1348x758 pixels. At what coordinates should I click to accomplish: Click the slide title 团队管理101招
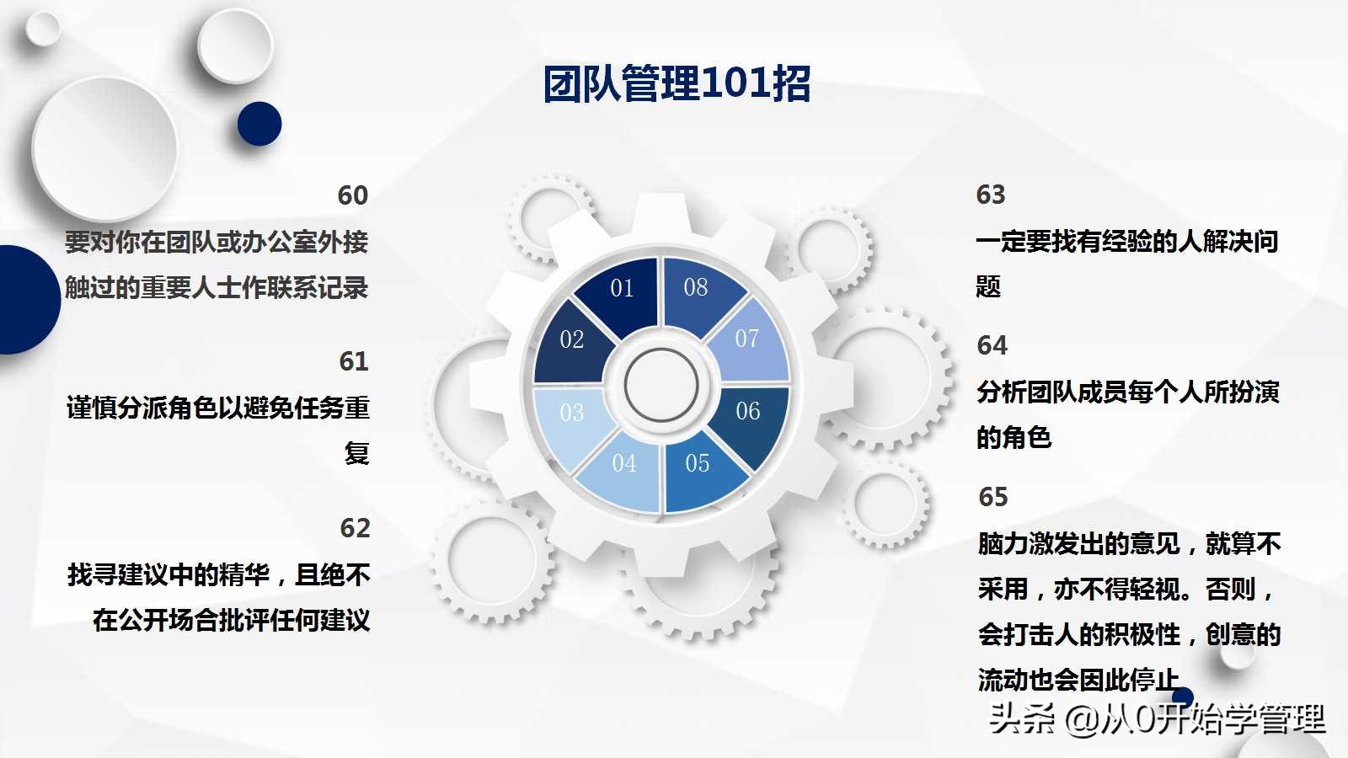677,83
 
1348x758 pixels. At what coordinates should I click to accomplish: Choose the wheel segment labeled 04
624,466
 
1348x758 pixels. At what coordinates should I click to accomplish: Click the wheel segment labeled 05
698,466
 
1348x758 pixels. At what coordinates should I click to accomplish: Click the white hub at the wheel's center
661,385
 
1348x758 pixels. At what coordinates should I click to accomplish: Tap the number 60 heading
353,195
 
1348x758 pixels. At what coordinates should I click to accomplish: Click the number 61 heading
354,361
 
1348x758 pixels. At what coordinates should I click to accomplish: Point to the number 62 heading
355,528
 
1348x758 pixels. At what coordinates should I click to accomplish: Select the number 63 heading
991,195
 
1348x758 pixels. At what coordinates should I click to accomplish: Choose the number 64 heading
992,345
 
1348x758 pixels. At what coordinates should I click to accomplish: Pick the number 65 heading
993,497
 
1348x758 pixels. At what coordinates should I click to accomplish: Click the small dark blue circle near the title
259,124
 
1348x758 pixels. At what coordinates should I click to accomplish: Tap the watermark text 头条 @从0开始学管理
1156,719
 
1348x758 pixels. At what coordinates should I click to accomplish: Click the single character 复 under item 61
356,453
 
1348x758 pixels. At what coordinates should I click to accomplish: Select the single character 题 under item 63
988,287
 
